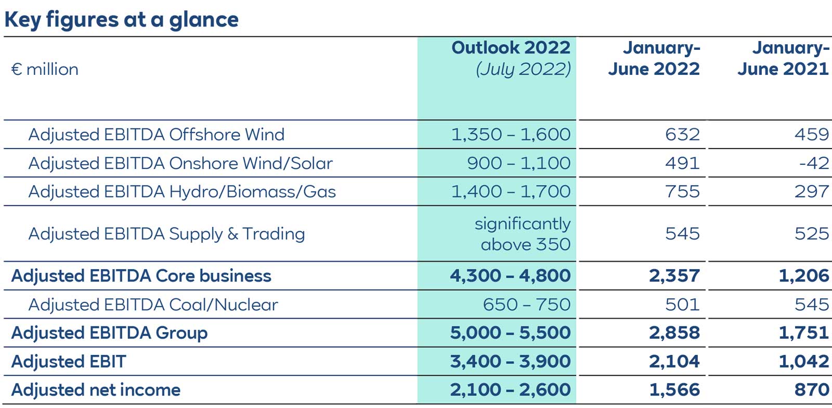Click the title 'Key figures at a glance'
click(121, 20)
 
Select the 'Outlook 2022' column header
click(511, 47)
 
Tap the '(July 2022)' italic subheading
click(523, 69)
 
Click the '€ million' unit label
click(45, 69)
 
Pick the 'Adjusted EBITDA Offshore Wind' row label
click(156, 135)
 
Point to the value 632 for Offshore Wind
click(682, 135)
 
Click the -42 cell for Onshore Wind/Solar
click(814, 163)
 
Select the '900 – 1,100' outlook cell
click(518, 163)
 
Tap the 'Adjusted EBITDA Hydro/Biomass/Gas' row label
click(182, 192)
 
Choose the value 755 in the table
click(682, 192)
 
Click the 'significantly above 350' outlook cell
click(522, 234)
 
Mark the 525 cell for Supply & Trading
click(811, 234)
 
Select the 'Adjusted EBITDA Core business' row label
click(141, 276)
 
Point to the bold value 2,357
click(674, 276)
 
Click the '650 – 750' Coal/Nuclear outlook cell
click(526, 305)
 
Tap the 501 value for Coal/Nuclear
click(682, 305)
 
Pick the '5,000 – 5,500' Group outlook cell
click(510, 333)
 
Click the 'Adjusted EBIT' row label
click(69, 362)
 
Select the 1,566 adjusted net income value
click(674, 390)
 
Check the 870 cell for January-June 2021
click(811, 390)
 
